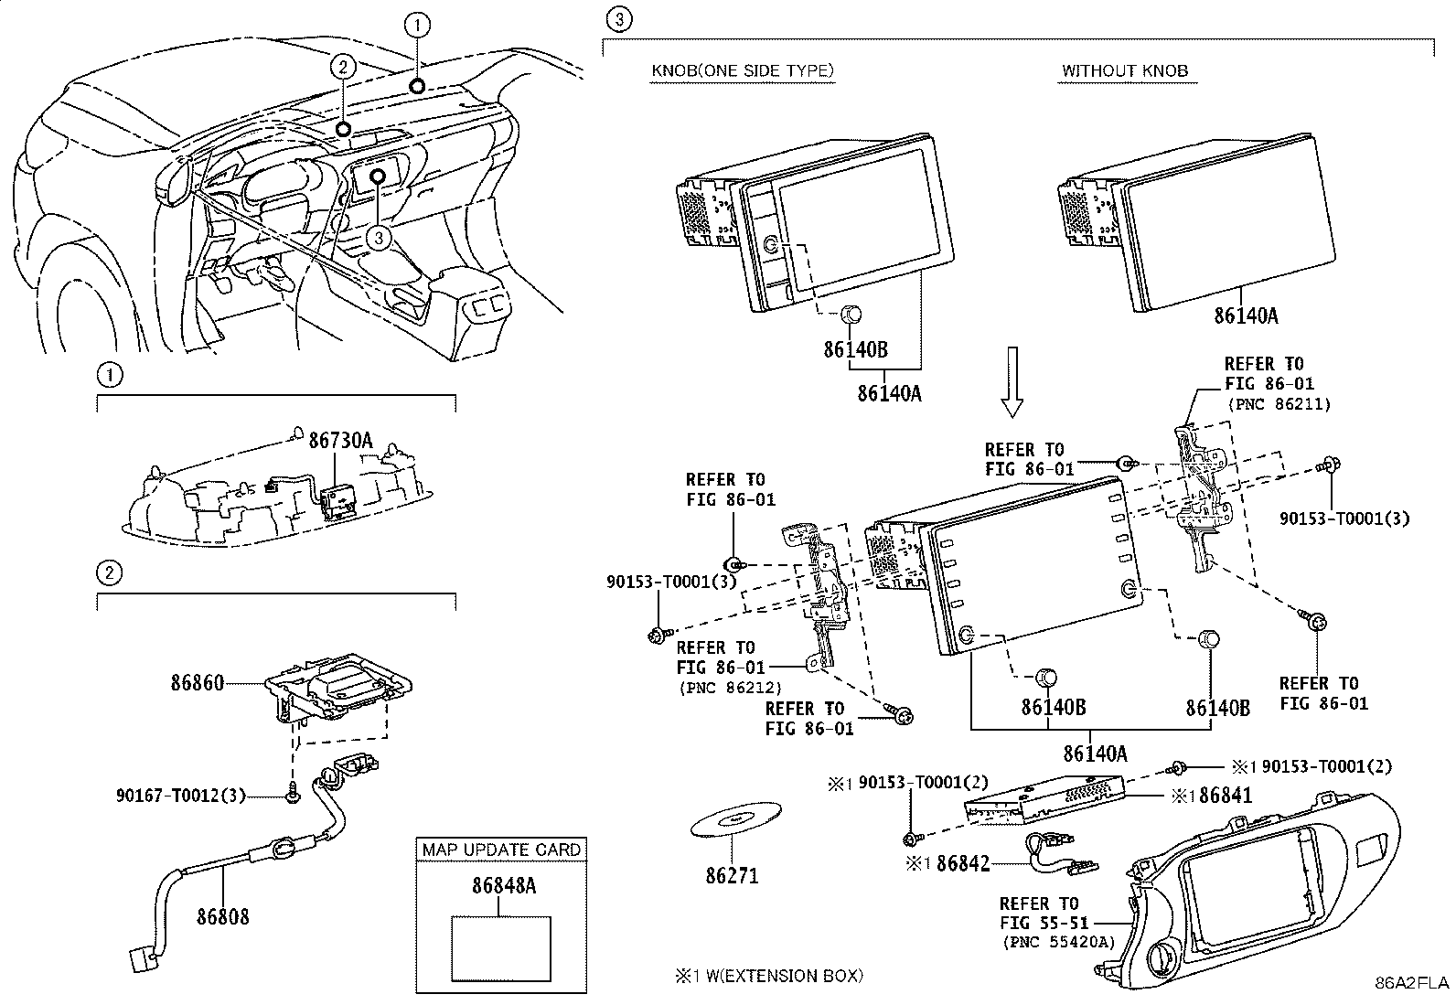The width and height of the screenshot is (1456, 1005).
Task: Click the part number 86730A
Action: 340,441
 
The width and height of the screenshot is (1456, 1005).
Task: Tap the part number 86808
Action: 222,915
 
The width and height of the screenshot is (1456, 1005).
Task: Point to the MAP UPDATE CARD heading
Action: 500,850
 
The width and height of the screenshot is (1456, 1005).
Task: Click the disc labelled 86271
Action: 735,822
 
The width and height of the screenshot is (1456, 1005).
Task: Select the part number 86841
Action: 1225,796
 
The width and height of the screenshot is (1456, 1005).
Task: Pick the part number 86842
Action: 963,863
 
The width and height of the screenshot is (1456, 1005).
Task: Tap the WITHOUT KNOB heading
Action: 1125,70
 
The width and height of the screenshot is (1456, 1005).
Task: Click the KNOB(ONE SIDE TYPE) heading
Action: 742,70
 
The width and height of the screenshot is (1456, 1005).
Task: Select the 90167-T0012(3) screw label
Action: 181,796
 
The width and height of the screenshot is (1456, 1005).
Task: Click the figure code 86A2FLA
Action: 1412,983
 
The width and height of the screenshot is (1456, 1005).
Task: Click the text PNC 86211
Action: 1278,403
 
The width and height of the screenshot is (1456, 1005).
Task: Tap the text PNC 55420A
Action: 1058,941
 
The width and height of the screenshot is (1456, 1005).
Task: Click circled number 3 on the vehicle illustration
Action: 380,237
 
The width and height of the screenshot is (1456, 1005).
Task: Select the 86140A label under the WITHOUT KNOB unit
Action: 1246,315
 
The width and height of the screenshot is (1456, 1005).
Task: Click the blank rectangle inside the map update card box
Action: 500,948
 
